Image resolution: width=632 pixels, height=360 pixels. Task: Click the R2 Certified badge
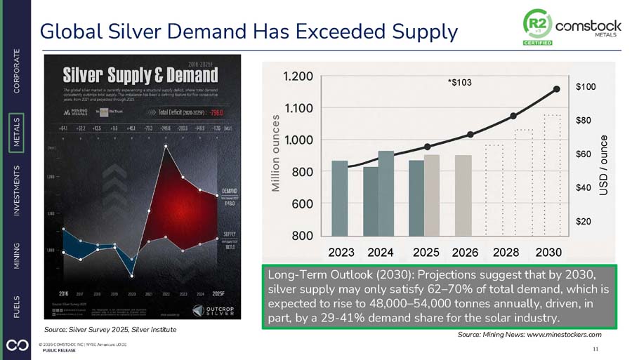(537, 28)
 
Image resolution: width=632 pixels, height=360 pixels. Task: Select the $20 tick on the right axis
(583, 221)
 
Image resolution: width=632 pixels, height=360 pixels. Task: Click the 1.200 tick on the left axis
(298, 76)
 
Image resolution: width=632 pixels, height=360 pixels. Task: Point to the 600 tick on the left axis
(302, 204)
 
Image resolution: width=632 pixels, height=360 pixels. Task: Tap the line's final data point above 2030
(557, 89)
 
